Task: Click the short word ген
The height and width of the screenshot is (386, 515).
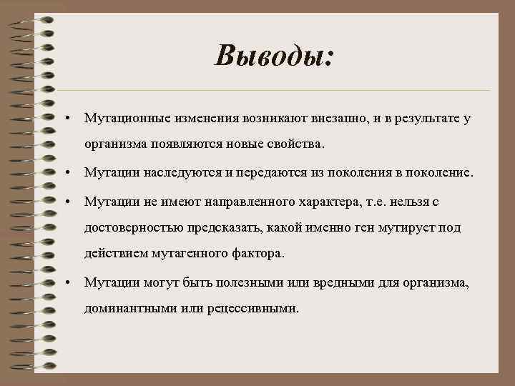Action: click(x=347, y=228)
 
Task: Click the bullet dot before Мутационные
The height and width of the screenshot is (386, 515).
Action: click(x=65, y=117)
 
